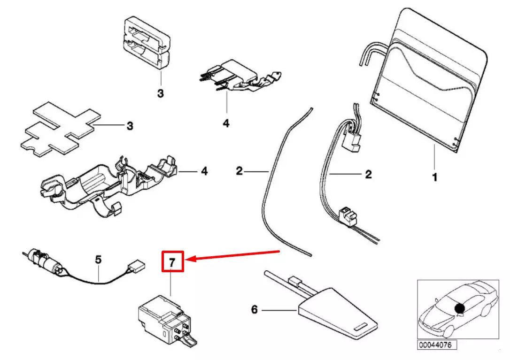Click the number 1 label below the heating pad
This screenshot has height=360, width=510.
tap(434, 178)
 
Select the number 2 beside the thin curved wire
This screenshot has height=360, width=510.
tap(240, 171)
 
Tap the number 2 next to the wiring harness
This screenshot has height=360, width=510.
tap(368, 175)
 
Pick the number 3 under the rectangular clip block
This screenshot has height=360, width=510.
tap(161, 94)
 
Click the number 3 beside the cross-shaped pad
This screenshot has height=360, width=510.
tap(130, 126)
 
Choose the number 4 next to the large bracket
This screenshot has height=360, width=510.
tap(204, 171)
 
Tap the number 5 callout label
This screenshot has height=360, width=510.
tap(98, 259)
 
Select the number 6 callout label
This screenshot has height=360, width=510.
tap(254, 310)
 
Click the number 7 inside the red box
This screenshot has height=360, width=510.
tap(172, 262)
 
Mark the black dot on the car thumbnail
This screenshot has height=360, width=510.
tap(459, 308)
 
